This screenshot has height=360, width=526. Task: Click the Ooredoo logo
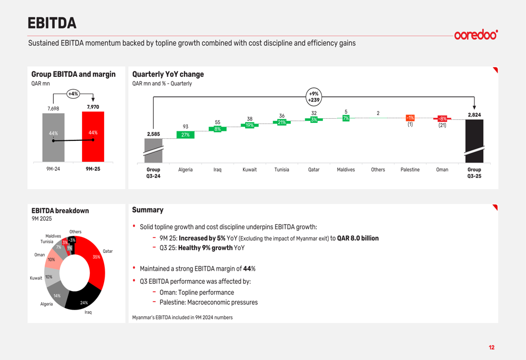[476, 35]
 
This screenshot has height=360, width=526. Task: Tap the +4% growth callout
[73, 94]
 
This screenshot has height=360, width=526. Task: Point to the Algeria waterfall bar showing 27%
[185, 135]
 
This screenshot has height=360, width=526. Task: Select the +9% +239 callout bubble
[313, 97]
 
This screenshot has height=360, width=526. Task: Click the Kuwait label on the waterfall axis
[249, 170]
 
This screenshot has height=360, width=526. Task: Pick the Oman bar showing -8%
[442, 119]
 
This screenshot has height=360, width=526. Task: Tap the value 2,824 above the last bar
[474, 115]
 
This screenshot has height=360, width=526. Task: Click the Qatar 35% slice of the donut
[96, 258]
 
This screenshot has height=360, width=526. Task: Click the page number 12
[491, 347]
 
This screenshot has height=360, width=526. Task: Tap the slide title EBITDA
[52, 23]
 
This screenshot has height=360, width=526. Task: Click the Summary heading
[148, 210]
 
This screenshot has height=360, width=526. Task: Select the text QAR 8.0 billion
[358, 238]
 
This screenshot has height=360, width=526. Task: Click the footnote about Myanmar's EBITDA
[182, 317]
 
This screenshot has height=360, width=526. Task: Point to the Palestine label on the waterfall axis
[410, 170]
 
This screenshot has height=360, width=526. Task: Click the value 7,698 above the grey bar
[53, 109]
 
